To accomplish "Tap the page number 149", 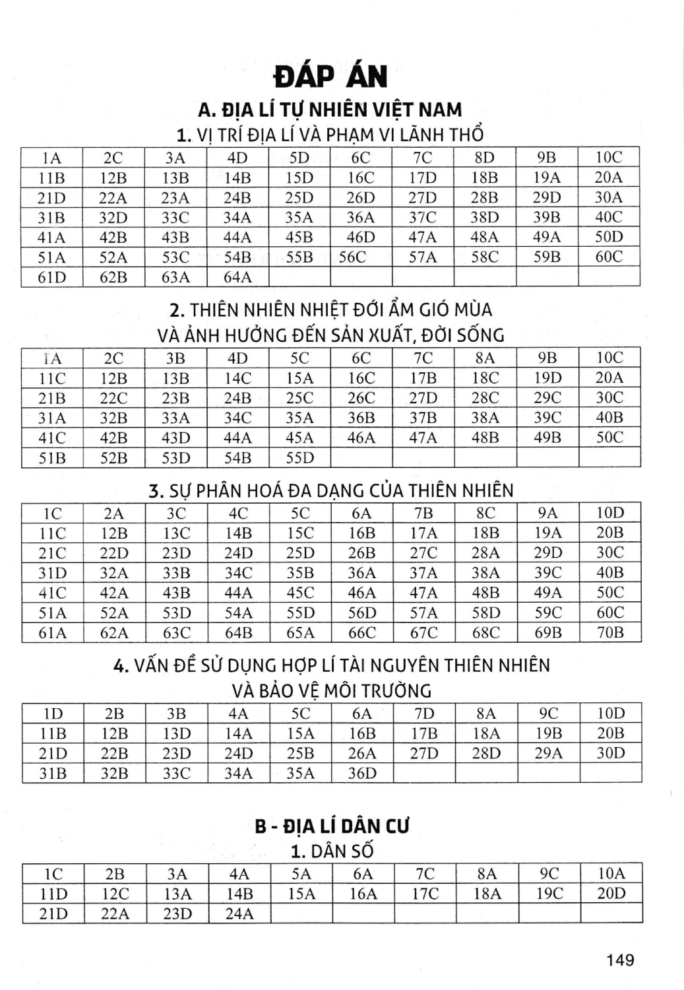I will click(620, 959).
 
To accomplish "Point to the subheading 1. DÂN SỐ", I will click(332, 851).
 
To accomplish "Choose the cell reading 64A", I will click(237, 277).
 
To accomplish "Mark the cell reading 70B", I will click(609, 632).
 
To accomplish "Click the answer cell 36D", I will click(361, 773).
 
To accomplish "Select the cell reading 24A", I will click(239, 913).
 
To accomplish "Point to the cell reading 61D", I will click(51, 277).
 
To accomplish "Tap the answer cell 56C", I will click(352, 257).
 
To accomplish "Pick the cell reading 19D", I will click(547, 378).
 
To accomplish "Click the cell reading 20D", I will click(611, 894).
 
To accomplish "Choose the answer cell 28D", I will click(485, 753).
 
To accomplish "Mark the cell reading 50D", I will click(609, 237).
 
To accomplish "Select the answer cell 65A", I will click(300, 632).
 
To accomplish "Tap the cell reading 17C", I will click(425, 894).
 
